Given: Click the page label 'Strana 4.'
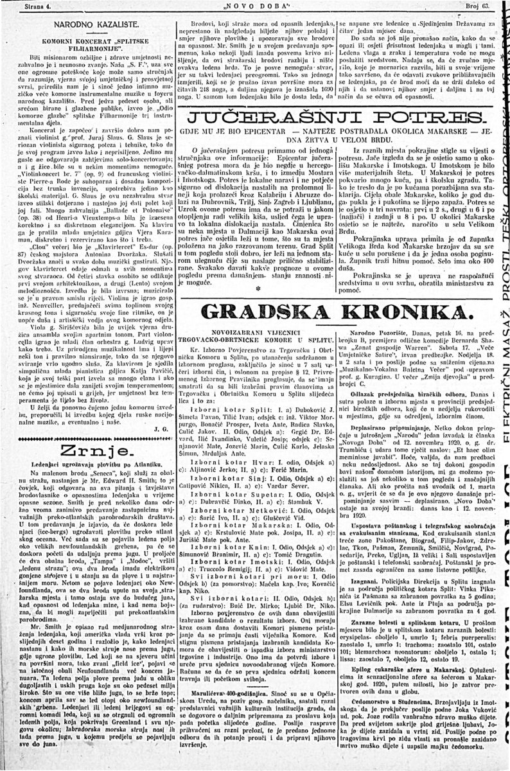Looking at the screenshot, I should [x=22, y=6].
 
